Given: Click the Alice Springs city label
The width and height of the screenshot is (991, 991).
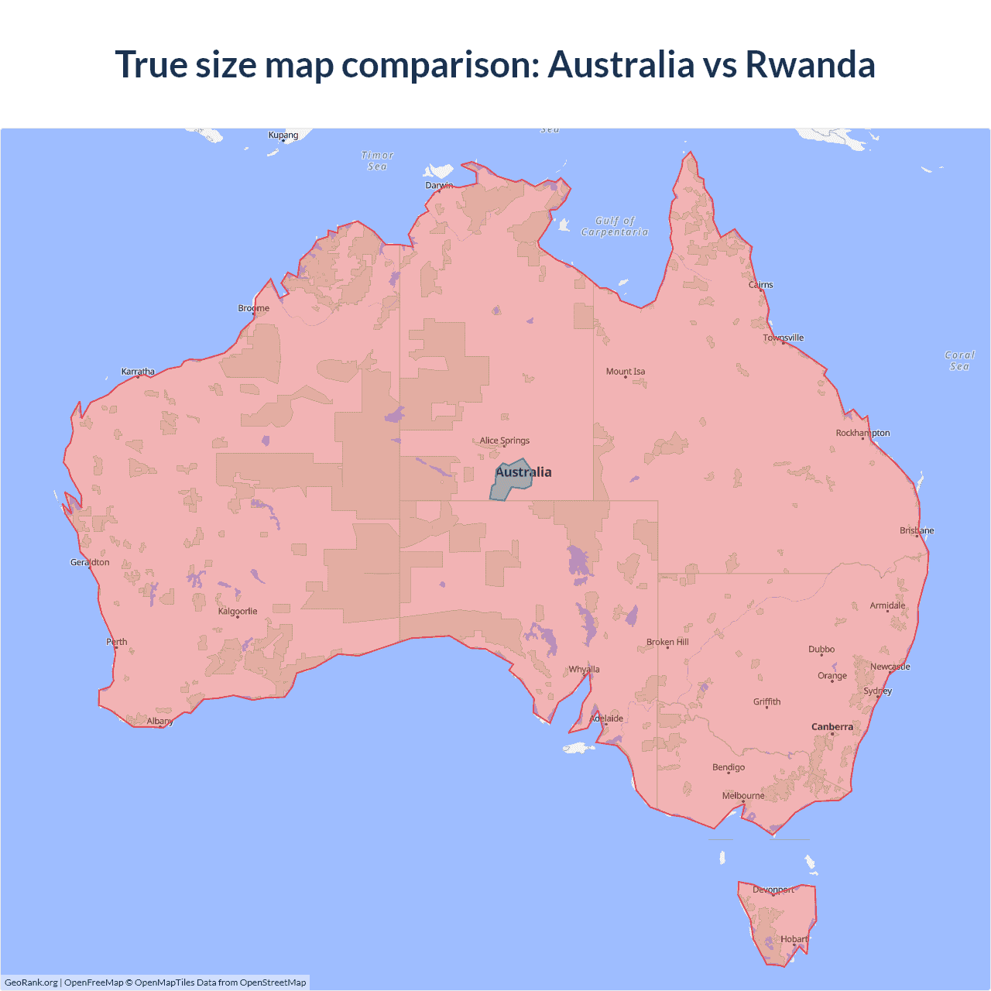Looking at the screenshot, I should click(x=504, y=441).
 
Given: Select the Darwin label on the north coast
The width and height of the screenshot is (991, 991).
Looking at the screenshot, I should click(x=439, y=185).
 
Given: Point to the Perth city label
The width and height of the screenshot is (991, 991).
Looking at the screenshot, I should click(x=116, y=642).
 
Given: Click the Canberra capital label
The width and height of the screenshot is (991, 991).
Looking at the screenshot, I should click(x=832, y=727).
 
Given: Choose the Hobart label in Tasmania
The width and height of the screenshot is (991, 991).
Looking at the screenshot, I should click(x=794, y=939).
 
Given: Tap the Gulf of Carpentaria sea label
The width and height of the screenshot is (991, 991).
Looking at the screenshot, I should click(x=615, y=226).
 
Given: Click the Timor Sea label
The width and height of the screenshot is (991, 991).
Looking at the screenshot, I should click(x=377, y=161).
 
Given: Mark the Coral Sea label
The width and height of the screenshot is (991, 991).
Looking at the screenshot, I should click(x=959, y=361).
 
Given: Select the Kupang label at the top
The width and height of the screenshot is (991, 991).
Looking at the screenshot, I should click(x=283, y=135).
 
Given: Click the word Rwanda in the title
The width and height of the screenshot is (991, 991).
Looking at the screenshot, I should click(x=809, y=64).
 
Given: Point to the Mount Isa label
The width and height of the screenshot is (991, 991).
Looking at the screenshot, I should click(x=625, y=372).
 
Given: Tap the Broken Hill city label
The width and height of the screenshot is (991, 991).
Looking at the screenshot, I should click(x=667, y=642).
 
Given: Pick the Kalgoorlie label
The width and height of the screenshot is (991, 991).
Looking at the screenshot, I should click(x=238, y=612).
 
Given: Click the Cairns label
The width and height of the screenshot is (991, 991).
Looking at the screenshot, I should click(x=760, y=285).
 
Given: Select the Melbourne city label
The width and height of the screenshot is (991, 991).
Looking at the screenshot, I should click(x=742, y=796).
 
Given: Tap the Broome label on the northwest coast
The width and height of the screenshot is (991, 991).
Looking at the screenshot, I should click(x=253, y=308).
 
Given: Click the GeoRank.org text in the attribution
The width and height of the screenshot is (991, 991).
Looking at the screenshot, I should click(x=31, y=982).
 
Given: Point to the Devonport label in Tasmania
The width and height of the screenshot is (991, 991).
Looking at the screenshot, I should click(x=773, y=890).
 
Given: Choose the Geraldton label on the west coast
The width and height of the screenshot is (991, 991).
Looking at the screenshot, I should click(x=90, y=562).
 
